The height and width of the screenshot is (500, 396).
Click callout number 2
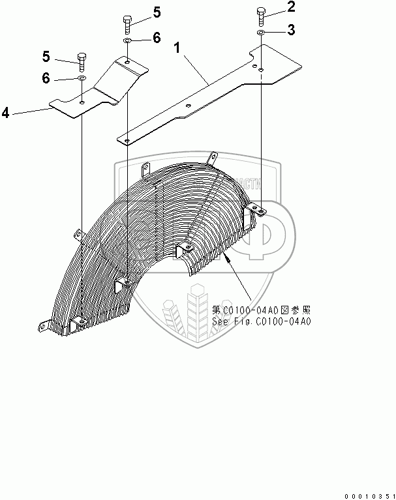[292, 8]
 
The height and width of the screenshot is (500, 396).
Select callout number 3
[292, 30]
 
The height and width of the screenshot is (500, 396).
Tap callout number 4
[6, 113]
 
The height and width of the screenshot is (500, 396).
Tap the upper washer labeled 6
[127, 40]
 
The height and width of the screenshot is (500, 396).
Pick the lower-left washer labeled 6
[82, 79]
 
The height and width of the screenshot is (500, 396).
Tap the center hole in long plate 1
[187, 106]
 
